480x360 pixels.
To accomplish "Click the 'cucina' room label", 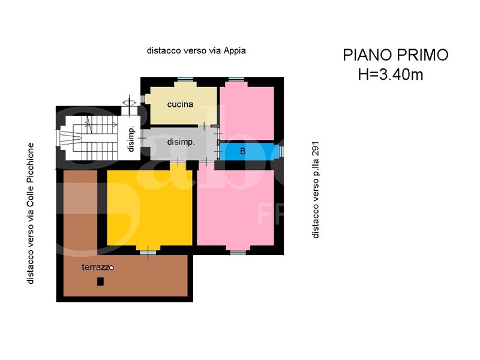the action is pos(180,104).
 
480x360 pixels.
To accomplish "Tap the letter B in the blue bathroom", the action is pos(243,151).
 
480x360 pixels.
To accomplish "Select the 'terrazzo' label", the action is pos(98,267).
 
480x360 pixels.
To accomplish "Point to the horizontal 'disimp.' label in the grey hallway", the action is pos(181,142).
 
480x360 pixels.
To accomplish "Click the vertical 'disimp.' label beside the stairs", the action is pos(131,139).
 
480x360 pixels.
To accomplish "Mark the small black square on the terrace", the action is pos(100,281).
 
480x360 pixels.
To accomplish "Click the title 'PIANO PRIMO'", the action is pos(395,55).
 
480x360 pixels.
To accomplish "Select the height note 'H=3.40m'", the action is pos(391,74).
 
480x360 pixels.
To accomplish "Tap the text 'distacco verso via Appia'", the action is pos(196,50).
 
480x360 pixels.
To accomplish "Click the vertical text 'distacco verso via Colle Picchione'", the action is pos(31,214).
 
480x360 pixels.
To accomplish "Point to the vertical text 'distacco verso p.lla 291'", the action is pos(316,190).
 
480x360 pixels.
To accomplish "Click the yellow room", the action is pos(149,208).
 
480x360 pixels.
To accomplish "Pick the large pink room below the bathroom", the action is pos(235,208).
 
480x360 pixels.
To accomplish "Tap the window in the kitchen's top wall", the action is pos(185,80).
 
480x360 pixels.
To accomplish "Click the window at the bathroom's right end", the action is pos(281,151).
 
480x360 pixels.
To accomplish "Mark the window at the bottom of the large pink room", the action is pos(238,253).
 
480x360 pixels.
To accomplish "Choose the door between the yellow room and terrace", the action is pos(148,253).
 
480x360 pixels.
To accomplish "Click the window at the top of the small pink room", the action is pos(236,80).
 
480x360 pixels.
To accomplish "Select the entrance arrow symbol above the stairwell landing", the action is pos(129,103).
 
